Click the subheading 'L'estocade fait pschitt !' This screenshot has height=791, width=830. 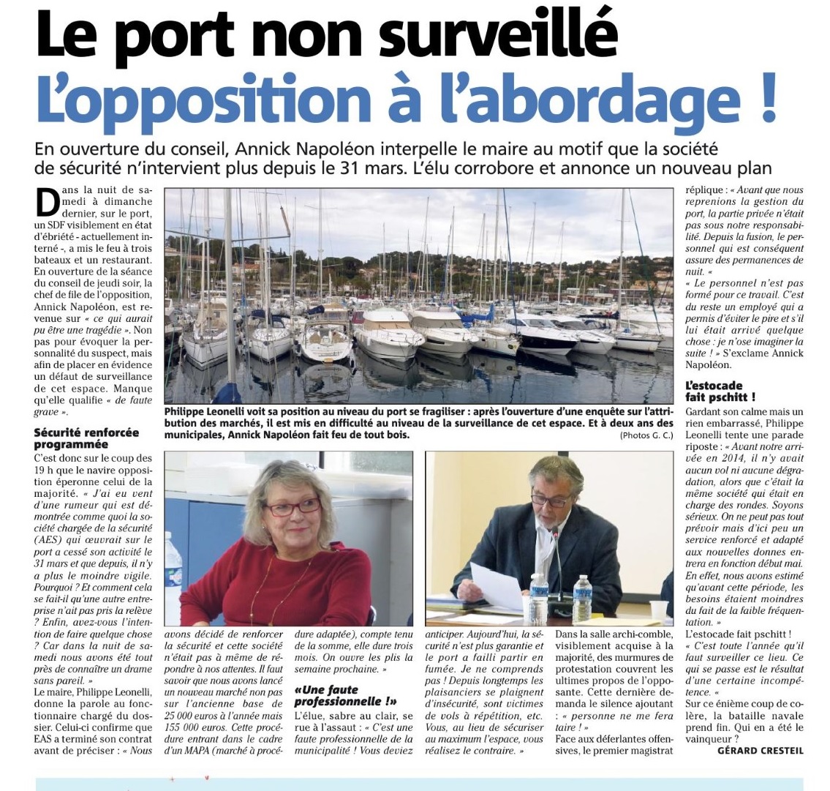pyautogui.click(x=720, y=391)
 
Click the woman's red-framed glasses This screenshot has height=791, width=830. pyautogui.click(x=292, y=506)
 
